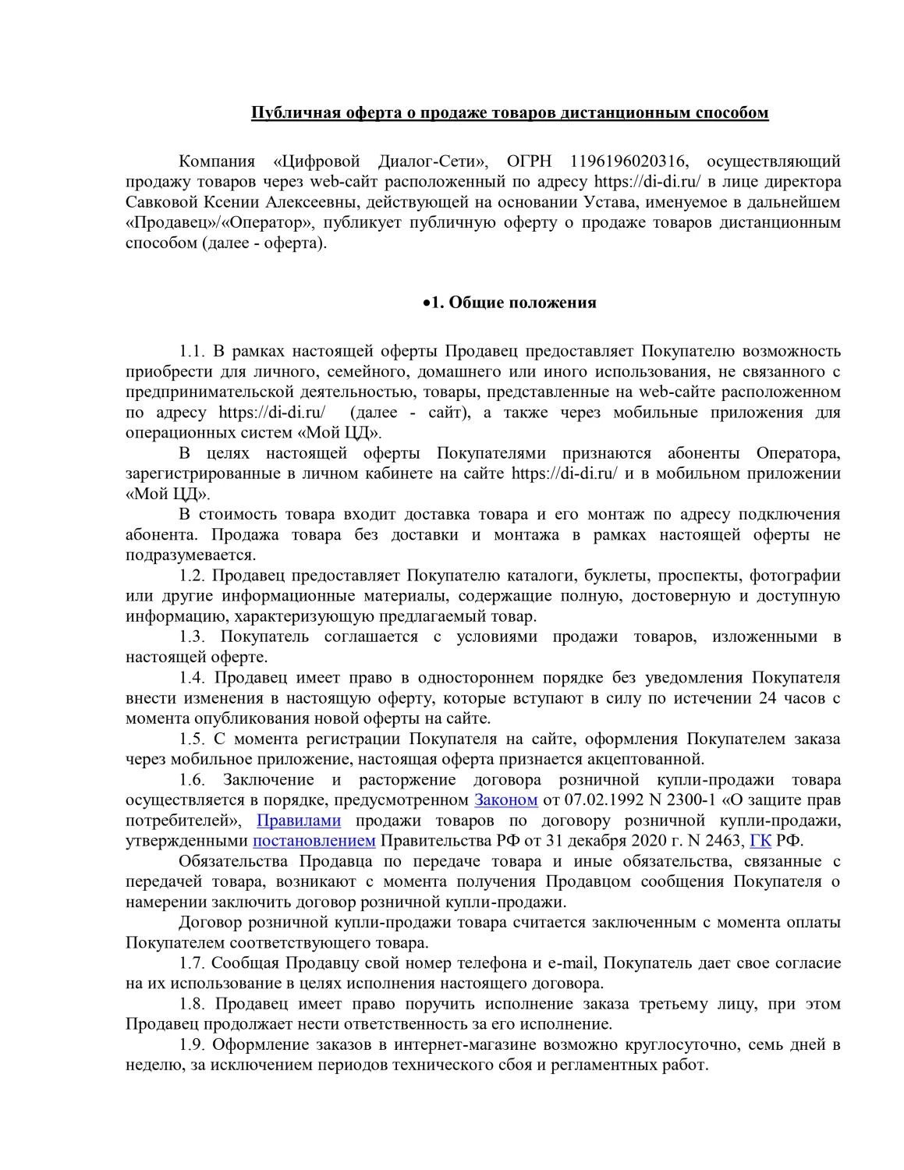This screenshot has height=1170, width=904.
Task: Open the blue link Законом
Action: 506,800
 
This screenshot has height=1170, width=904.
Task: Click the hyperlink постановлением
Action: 314,841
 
